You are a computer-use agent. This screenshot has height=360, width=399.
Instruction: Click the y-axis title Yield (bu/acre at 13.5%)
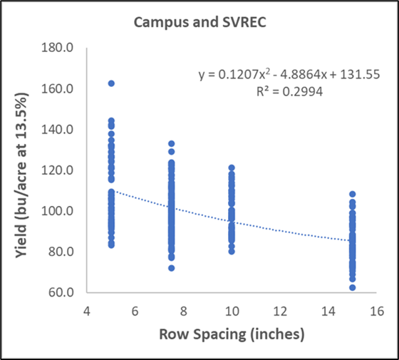pos(21,170)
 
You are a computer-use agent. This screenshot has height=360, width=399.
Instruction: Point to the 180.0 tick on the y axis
pos(66,48)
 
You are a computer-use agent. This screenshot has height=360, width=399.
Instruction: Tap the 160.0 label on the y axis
pos(66,89)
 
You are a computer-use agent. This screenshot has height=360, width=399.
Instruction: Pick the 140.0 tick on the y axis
pos(66,130)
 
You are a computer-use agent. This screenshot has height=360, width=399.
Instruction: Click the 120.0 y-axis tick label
pos(66,170)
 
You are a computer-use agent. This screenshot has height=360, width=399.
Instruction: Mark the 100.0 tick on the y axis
pos(66,211)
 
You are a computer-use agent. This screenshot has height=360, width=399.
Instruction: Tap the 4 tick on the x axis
pos(86,311)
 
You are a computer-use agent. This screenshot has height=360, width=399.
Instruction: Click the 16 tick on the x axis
pos(376,311)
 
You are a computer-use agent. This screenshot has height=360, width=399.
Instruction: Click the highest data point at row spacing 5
pos(110,83)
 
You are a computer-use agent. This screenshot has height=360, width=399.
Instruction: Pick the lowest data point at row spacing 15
pos(353,287)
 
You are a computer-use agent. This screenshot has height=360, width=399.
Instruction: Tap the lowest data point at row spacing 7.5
pos(171,268)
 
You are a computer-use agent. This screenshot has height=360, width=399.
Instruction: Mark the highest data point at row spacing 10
pos(232,168)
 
